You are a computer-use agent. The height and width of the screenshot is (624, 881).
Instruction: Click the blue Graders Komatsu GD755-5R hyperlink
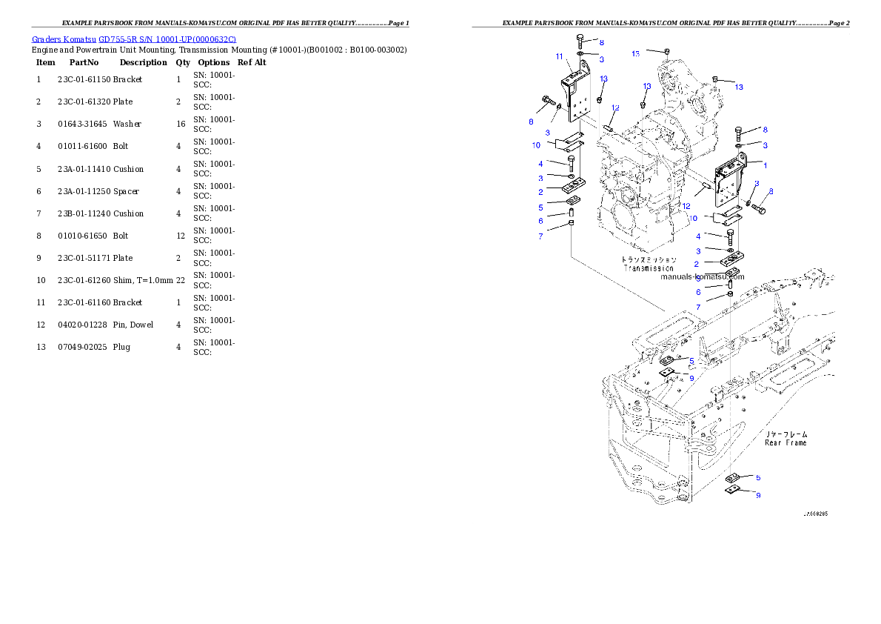(x=134, y=39)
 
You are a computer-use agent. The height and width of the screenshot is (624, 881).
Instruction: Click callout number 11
(x=559, y=56)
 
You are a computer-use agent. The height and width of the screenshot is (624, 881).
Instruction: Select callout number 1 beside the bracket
(x=765, y=165)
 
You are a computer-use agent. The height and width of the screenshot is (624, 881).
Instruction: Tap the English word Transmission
(x=649, y=268)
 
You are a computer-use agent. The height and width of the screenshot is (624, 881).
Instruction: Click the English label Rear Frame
(x=785, y=442)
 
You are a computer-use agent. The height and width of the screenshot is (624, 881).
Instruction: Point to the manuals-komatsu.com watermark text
(x=702, y=276)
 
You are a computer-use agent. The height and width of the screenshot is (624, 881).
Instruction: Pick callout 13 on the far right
(x=738, y=87)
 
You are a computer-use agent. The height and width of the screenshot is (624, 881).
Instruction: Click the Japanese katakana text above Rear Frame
(x=785, y=434)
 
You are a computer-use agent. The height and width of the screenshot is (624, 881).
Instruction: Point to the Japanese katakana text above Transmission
(x=649, y=260)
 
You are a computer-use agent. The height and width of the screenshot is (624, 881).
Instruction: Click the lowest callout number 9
(x=758, y=495)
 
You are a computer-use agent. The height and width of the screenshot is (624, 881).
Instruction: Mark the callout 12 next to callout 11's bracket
(x=614, y=108)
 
